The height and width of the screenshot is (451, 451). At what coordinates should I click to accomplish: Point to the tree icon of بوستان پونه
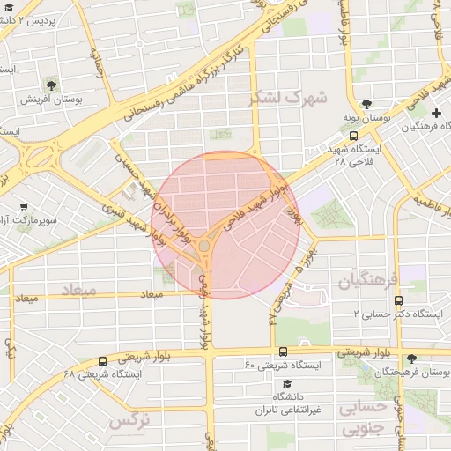(366, 103)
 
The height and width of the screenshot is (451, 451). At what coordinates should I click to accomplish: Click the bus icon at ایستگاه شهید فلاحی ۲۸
(353, 137)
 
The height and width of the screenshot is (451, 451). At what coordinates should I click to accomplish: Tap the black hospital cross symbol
(438, 113)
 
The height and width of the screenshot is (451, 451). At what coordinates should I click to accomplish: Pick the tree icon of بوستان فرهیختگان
(411, 359)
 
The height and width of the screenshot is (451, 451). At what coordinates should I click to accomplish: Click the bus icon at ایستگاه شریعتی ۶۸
(103, 361)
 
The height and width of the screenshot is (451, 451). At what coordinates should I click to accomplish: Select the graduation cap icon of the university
(287, 385)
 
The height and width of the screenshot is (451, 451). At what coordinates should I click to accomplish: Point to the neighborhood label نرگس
(130, 423)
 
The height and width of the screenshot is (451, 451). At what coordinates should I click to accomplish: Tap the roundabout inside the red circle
(205, 244)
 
